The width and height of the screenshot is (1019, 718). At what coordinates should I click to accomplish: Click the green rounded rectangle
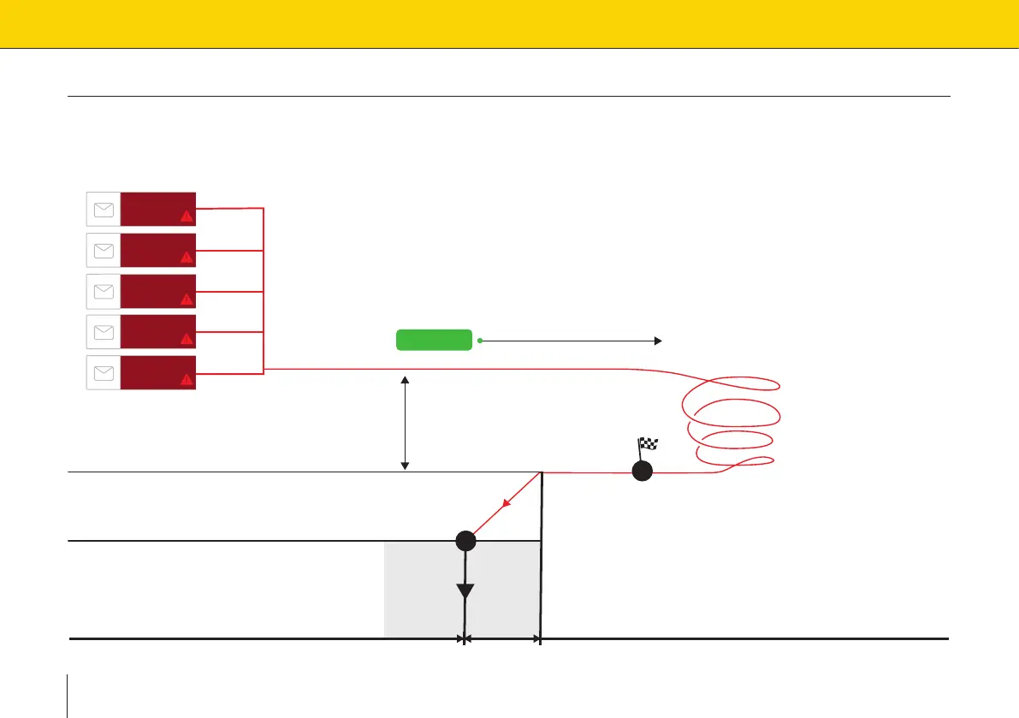[x=434, y=340]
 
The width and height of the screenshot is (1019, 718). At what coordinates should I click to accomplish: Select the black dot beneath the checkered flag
[x=642, y=472]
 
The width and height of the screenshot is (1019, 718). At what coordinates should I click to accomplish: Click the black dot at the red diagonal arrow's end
[x=465, y=540]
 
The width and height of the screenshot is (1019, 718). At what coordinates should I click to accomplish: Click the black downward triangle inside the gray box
[x=465, y=591]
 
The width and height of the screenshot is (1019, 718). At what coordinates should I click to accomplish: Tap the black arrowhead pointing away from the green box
[x=658, y=341]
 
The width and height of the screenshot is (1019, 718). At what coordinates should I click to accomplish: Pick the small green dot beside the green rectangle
[x=480, y=341]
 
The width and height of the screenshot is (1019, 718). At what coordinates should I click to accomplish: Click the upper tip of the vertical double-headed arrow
[x=406, y=377]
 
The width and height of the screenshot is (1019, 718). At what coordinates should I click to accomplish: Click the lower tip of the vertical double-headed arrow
[x=406, y=466]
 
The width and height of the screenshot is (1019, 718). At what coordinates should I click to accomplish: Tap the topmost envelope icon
[x=104, y=209]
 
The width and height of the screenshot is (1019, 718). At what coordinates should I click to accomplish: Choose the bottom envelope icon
[x=104, y=372]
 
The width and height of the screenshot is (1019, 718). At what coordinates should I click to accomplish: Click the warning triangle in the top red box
[x=187, y=216]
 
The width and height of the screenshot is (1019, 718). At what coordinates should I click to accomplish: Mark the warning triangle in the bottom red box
[x=187, y=379]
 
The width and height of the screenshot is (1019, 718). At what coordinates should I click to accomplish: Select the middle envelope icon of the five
[x=104, y=291]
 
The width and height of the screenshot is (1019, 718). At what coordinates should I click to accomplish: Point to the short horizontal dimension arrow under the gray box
[x=501, y=638]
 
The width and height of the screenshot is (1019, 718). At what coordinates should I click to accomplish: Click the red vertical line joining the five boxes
[x=264, y=289]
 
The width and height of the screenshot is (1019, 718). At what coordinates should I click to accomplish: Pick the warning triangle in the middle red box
[x=187, y=298]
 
